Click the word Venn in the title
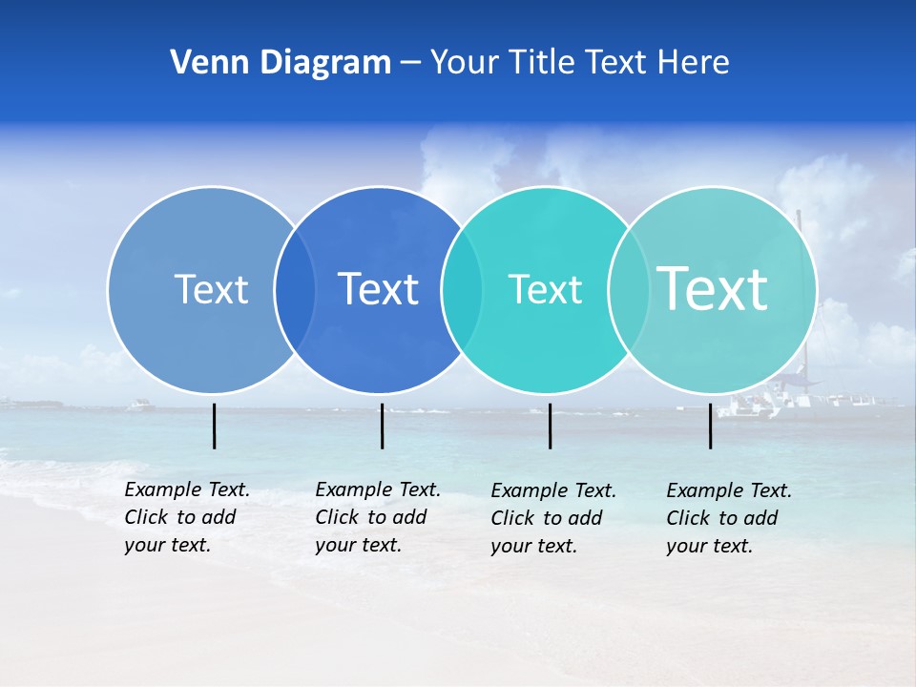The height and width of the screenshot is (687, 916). [200, 63]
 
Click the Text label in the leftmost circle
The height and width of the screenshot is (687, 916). [211, 289]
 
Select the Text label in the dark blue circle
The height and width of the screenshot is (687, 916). [379, 289]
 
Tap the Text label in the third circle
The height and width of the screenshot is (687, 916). [545, 289]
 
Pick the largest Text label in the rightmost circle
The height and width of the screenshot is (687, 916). [712, 288]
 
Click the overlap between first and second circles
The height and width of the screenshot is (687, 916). [295, 290]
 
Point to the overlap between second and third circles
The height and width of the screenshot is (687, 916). [462, 290]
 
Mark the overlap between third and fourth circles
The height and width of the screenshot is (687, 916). [628, 290]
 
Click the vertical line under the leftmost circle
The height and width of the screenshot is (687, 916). [215, 426]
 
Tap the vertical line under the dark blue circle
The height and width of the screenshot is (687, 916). [382, 426]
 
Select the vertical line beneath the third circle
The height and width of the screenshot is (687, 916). [551, 426]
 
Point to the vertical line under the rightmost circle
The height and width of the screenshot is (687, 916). [711, 426]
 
